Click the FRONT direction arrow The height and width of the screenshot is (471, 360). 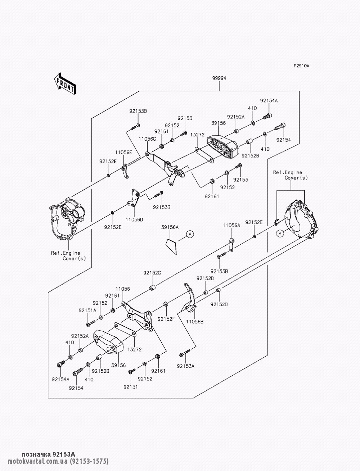click(65, 83)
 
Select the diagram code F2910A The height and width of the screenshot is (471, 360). click(301, 66)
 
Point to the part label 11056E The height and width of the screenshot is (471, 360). click(123, 152)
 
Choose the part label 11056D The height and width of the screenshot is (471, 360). click(134, 219)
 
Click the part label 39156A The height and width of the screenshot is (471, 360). click(170, 227)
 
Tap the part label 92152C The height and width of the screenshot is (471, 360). click(152, 273)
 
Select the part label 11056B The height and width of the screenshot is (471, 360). click(195, 321)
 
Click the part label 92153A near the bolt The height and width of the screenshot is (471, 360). click(186, 366)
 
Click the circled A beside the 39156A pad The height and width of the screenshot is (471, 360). click(190, 234)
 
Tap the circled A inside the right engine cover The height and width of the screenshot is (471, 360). click(280, 234)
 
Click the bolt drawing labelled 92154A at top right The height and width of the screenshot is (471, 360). click(268, 116)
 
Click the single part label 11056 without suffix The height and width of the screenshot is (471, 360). click(123, 289)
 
